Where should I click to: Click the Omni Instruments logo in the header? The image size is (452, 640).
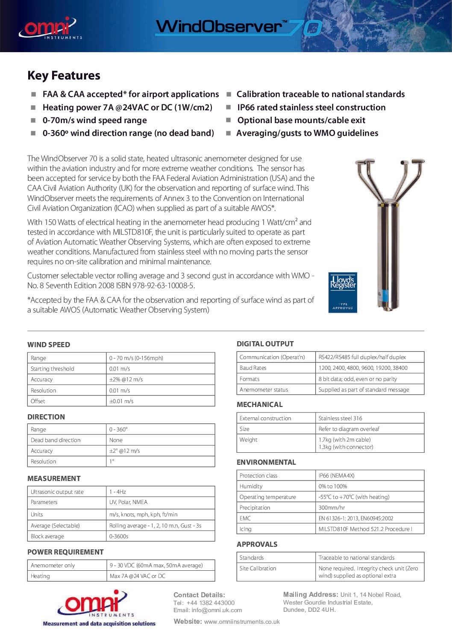[49, 28]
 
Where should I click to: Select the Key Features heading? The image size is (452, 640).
[64, 76]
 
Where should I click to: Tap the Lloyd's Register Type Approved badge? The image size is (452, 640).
[343, 292]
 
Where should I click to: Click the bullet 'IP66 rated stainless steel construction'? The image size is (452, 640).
[311, 107]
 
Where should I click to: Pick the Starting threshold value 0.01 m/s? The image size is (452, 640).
[120, 369]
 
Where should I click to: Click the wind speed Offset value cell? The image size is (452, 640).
[121, 401]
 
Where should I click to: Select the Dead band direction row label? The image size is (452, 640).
[56, 440]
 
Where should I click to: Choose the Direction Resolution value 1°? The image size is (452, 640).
[112, 461]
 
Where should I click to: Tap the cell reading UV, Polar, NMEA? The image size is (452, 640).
[129, 502]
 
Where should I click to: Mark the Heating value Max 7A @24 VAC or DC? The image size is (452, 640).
[138, 576]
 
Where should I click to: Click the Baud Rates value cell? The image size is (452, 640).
[363, 368]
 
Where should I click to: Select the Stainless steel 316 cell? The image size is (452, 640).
[340, 418]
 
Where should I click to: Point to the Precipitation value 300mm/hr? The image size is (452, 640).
[332, 507]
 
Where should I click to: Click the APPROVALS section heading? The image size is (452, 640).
[257, 544]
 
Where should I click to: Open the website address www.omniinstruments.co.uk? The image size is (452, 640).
[242, 622]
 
